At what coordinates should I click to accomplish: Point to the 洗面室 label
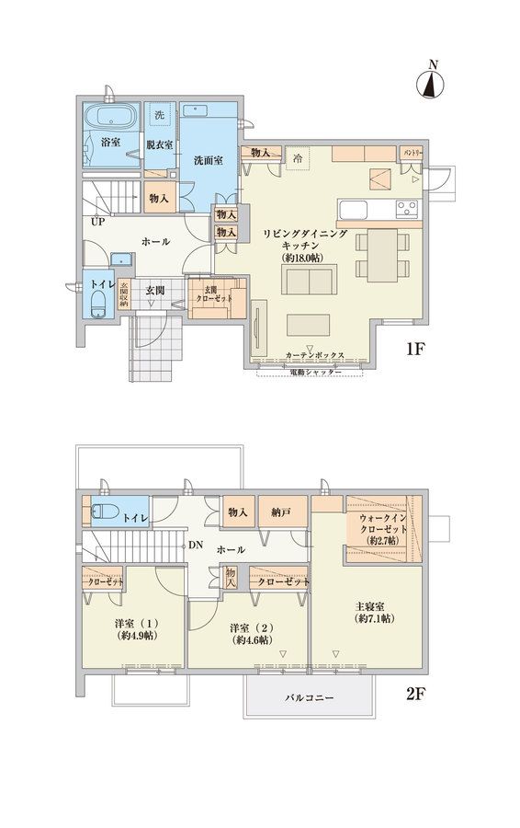pyautogui.click(x=208, y=159)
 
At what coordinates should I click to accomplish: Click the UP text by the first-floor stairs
pyautogui.click(x=96, y=222)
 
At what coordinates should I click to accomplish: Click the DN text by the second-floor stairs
pyautogui.click(x=196, y=545)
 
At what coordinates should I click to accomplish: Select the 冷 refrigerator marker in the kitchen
pyautogui.click(x=297, y=157)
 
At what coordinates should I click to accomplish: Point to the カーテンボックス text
pyautogui.click(x=314, y=354)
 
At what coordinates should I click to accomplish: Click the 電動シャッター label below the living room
pyautogui.click(x=315, y=373)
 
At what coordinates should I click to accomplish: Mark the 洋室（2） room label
pyautogui.click(x=249, y=633)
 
